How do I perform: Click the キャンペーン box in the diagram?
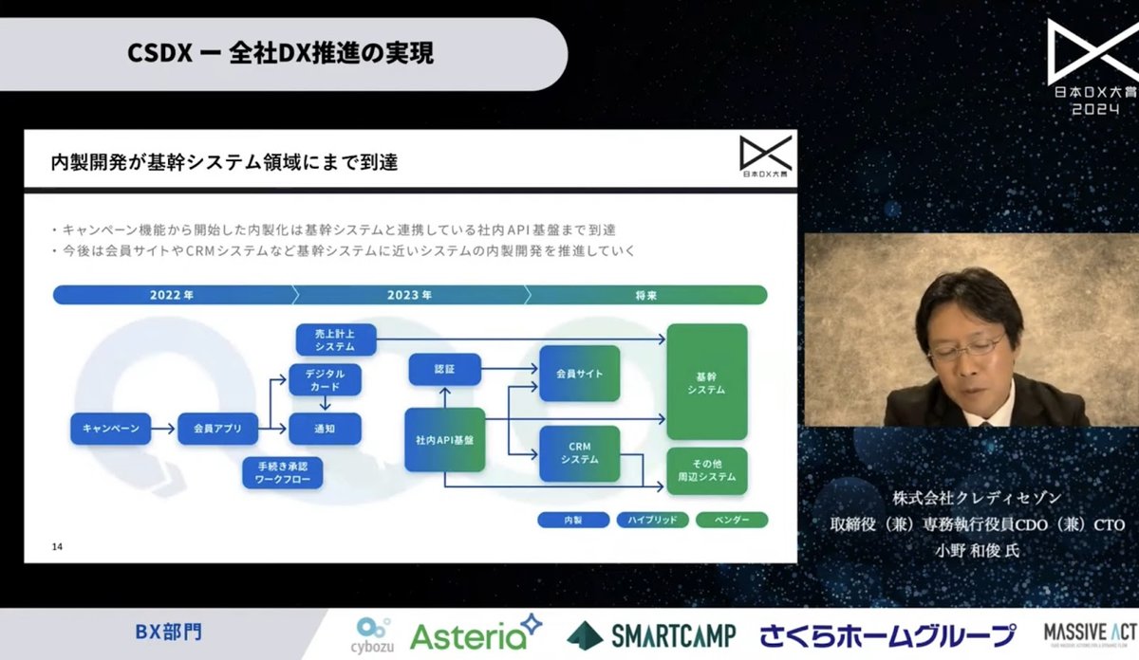click(110, 429)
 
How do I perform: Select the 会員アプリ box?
click(217, 429)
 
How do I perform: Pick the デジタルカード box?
click(325, 378)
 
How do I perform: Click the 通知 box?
click(325, 429)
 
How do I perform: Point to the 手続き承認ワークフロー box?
click(282, 473)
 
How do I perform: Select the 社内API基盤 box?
click(444, 440)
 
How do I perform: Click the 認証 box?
click(444, 368)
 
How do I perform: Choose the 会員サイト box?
click(579, 374)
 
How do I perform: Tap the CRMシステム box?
click(579, 453)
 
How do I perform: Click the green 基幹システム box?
click(706, 381)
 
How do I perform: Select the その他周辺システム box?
click(706, 470)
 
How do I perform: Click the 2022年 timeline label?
click(172, 295)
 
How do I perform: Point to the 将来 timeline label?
click(646, 295)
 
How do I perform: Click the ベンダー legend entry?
click(731, 520)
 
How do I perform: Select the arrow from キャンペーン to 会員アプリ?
click(164, 429)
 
